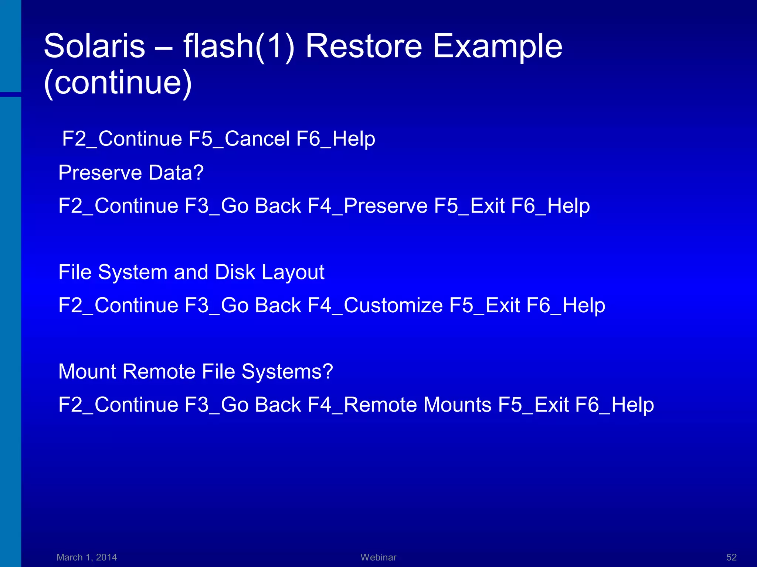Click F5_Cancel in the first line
tap(239, 139)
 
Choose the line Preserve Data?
tap(131, 173)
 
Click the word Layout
tap(293, 272)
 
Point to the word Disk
tap(235, 272)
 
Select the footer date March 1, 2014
tap(86, 557)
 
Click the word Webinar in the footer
tap(378, 557)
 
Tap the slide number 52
tap(731, 557)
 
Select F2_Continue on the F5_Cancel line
tap(122, 139)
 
